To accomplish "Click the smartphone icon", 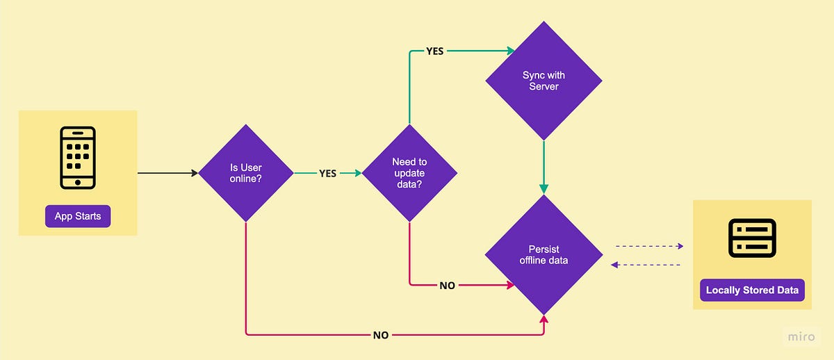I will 78,157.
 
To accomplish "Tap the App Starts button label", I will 78,216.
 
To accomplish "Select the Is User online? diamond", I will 246,172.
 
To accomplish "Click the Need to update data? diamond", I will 409,172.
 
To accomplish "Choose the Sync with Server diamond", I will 544,81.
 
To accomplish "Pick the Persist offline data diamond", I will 543,254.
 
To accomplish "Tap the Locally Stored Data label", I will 752,290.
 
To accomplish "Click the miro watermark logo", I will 801,337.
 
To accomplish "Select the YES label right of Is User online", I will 327,173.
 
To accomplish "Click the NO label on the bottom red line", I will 380,334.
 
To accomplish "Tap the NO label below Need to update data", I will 447,285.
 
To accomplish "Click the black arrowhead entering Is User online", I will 194,172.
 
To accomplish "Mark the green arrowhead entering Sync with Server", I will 511,51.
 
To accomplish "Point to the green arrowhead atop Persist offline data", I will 543,189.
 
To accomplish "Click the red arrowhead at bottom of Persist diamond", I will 543,319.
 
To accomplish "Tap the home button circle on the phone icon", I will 78,182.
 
